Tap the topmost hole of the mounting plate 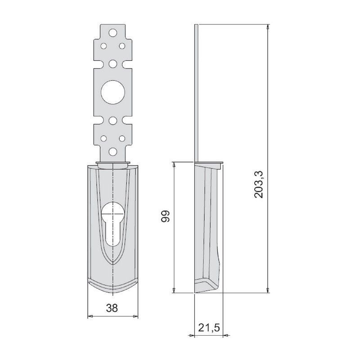click(112, 32)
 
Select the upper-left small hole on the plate click(103, 45)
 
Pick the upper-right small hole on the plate click(121, 45)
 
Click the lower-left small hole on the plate click(103, 138)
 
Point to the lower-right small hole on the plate click(121, 138)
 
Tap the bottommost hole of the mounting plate click(112, 152)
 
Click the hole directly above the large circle click(112, 63)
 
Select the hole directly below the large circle click(112, 120)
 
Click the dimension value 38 click(112, 308)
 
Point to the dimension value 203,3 click(260, 184)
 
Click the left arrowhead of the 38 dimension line click(89, 317)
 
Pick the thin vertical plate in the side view click(196, 90)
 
